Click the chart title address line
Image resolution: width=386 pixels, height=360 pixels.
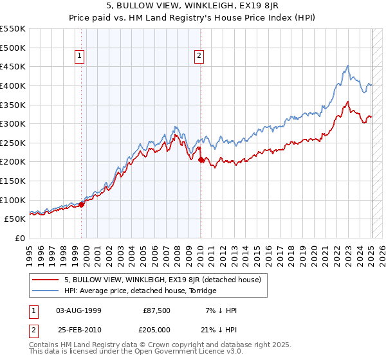[192, 6]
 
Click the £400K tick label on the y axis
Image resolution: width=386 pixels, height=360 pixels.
[13, 85]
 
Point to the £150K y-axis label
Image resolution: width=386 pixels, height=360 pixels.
[13, 181]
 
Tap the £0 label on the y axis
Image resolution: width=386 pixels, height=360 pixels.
[20, 238]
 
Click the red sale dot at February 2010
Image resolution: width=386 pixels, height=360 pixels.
[201, 160]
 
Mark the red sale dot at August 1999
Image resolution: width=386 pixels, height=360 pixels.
[82, 204]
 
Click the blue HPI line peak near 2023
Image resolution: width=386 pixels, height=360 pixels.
[347, 66]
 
